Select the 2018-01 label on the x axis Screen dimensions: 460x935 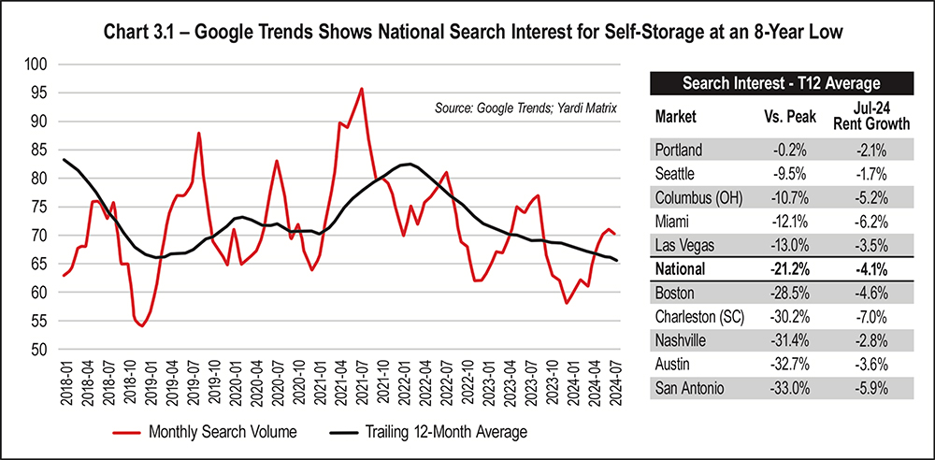coord(65,383)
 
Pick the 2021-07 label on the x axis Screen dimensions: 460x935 coord(362,383)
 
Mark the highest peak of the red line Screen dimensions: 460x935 coord(362,89)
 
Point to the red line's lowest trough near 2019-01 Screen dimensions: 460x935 coord(141,325)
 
